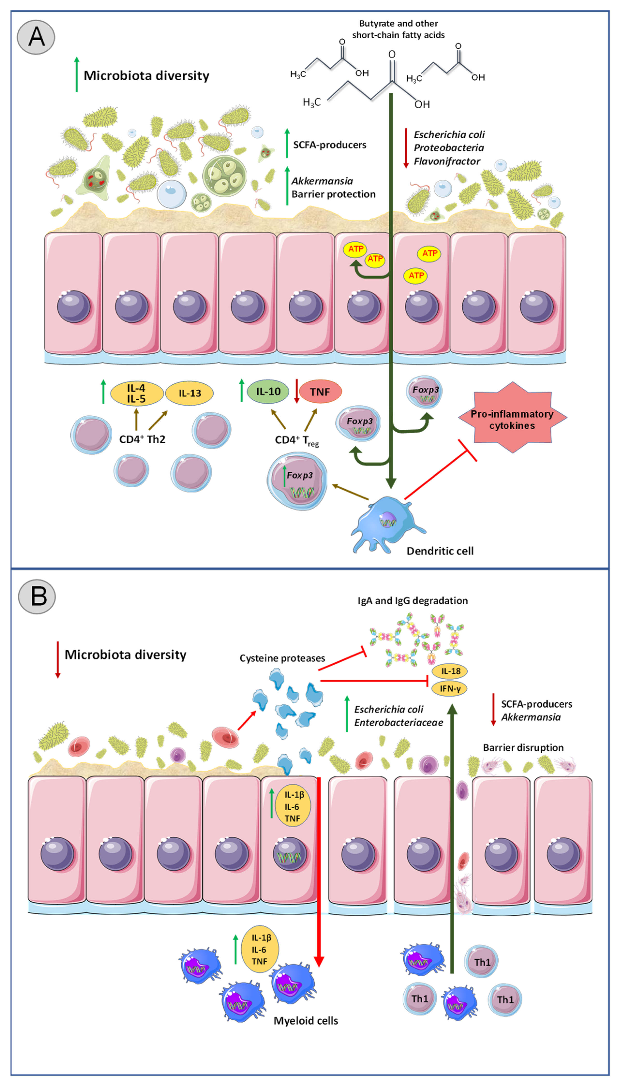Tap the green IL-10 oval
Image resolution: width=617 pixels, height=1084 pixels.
point(268,391)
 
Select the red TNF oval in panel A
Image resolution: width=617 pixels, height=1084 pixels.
point(320,392)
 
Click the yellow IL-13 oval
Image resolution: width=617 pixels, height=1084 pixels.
point(189,393)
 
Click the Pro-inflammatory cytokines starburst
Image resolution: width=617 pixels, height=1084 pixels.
point(512,419)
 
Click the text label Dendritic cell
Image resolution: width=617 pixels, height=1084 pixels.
point(440,551)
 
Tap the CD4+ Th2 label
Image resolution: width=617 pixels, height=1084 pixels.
point(142,439)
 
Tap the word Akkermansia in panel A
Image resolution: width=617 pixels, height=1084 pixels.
point(322,181)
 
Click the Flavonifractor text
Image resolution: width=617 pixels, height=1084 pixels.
point(447,161)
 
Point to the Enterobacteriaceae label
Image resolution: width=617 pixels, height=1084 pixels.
point(398,722)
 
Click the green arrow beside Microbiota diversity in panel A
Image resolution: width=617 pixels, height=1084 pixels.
point(77,74)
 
